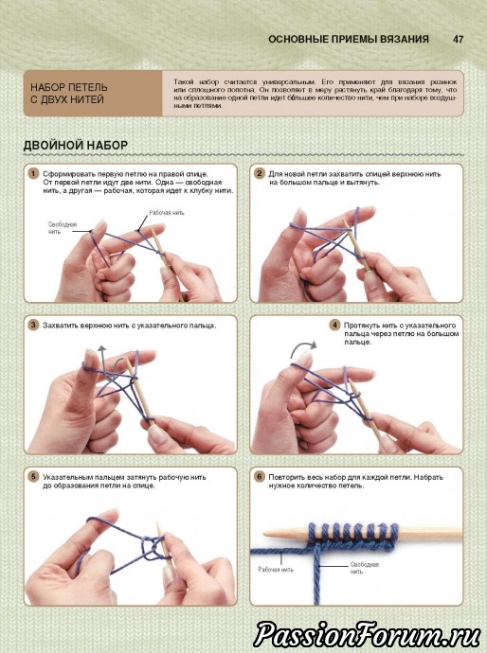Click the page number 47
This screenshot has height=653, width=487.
[x=458, y=39]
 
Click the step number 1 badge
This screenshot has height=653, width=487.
[x=33, y=174]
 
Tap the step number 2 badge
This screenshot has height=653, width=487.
[x=259, y=174]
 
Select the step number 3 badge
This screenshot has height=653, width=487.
[x=33, y=325]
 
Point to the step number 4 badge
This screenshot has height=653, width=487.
[x=334, y=325]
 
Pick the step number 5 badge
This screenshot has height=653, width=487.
[x=33, y=477]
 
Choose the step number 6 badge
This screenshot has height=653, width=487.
[x=259, y=477]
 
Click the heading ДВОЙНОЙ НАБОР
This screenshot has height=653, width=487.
[x=76, y=146]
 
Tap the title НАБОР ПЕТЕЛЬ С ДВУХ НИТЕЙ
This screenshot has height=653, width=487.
[x=69, y=94]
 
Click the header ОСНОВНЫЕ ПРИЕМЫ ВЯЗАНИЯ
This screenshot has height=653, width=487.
[x=349, y=39]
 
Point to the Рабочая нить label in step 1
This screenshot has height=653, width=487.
[x=167, y=213]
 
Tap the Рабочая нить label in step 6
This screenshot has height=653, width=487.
[x=276, y=570]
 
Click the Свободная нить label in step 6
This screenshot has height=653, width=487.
[x=365, y=568]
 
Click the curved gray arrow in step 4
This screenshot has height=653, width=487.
[x=303, y=347]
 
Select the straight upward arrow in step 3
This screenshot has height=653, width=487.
[x=101, y=362]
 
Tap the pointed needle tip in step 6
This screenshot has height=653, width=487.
[x=265, y=533]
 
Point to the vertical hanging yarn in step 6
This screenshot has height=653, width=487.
[x=316, y=574]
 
